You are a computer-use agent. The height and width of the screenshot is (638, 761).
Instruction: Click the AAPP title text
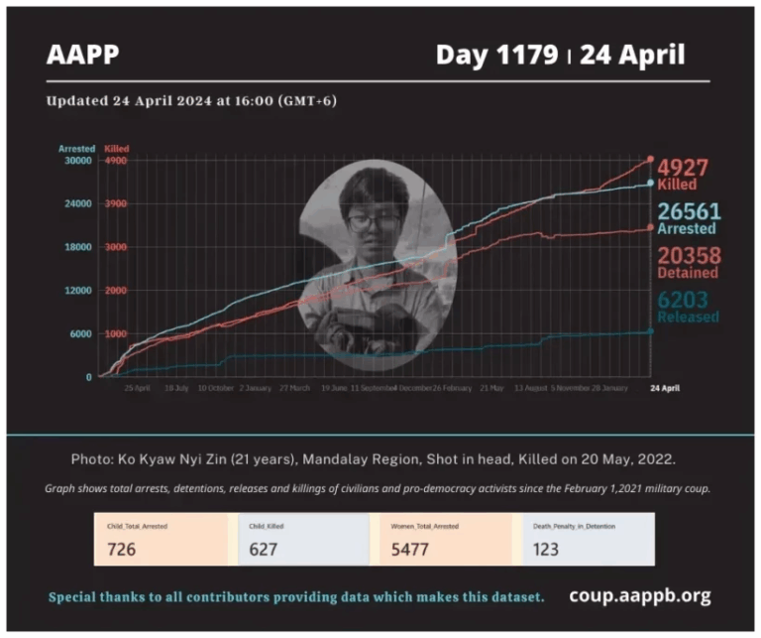(82, 55)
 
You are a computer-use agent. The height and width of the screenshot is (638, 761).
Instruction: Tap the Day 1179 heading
(495, 55)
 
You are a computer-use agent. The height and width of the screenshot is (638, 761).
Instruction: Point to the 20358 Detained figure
(688, 255)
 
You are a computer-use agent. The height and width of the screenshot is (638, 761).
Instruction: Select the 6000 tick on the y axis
(79, 333)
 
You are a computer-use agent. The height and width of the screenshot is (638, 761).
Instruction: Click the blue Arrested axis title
(75, 149)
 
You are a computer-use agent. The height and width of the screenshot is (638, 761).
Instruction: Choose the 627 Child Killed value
(265, 549)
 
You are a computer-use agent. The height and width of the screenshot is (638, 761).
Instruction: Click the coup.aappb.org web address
(639, 596)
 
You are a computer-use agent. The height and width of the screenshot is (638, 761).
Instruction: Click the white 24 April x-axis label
(664, 388)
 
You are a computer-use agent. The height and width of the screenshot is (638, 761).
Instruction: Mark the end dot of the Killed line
(651, 159)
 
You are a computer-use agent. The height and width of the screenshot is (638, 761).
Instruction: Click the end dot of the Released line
(651, 331)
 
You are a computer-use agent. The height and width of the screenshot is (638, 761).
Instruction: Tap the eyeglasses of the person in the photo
(375, 220)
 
